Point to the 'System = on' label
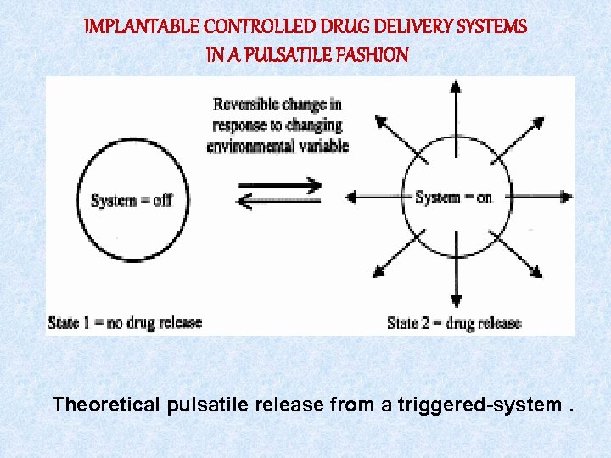(x=453, y=197)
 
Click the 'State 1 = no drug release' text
(x=125, y=322)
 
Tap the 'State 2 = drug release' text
(x=454, y=322)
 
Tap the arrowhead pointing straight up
(x=455, y=86)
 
